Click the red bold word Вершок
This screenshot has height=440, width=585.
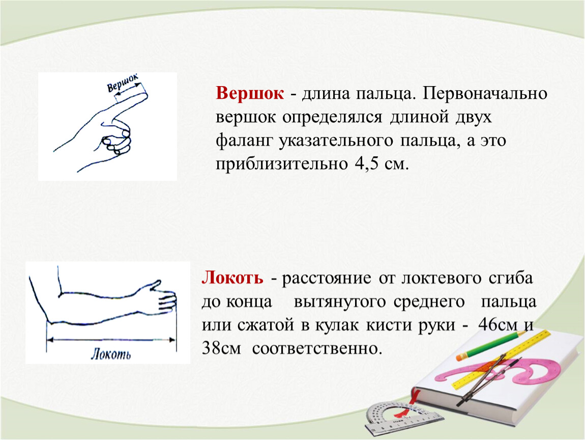250,93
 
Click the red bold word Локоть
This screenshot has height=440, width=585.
232,278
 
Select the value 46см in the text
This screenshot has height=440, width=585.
498,325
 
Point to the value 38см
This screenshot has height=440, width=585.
221,348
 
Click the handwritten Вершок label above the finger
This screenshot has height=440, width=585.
123,82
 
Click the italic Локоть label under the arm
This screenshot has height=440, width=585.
111,354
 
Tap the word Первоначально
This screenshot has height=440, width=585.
485,94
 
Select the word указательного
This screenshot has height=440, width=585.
336,141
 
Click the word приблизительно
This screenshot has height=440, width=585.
281,164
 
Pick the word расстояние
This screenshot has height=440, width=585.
327,279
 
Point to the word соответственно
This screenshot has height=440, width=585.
317,349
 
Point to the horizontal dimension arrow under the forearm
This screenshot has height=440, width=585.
111,340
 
